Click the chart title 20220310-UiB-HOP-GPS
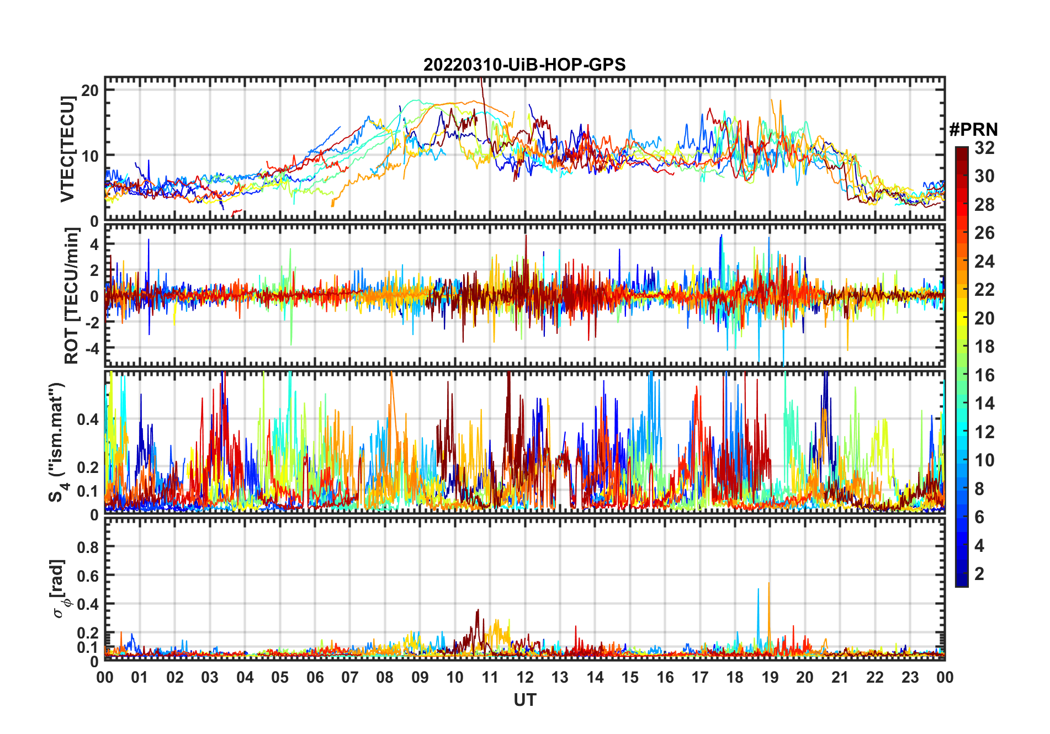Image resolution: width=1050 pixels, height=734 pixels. [x=524, y=65]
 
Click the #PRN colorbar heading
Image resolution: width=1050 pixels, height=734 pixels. [x=973, y=130]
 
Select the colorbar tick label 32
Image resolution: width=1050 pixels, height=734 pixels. [x=984, y=148]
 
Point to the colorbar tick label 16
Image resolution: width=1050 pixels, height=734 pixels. [x=984, y=375]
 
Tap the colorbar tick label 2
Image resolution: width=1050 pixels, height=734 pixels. [x=979, y=574]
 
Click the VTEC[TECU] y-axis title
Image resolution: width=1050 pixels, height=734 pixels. [x=68, y=149]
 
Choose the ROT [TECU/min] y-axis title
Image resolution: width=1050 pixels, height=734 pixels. [x=71, y=296]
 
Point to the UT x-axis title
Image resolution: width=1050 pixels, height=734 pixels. [x=524, y=700]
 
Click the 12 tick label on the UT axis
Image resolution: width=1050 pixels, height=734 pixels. [x=525, y=677]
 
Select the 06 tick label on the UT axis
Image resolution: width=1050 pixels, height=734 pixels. [x=315, y=677]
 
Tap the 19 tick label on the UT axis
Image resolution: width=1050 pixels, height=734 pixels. [x=770, y=677]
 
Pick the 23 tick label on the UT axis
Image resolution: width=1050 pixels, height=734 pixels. [x=910, y=677]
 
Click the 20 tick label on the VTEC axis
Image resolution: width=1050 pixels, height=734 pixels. [x=90, y=91]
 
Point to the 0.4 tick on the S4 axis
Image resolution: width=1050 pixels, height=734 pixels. [x=87, y=419]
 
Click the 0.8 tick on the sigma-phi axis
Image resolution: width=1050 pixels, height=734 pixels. [x=87, y=547]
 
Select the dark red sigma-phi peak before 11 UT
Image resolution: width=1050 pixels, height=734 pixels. [x=478, y=611]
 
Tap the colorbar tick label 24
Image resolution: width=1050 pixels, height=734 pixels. [x=984, y=262]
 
